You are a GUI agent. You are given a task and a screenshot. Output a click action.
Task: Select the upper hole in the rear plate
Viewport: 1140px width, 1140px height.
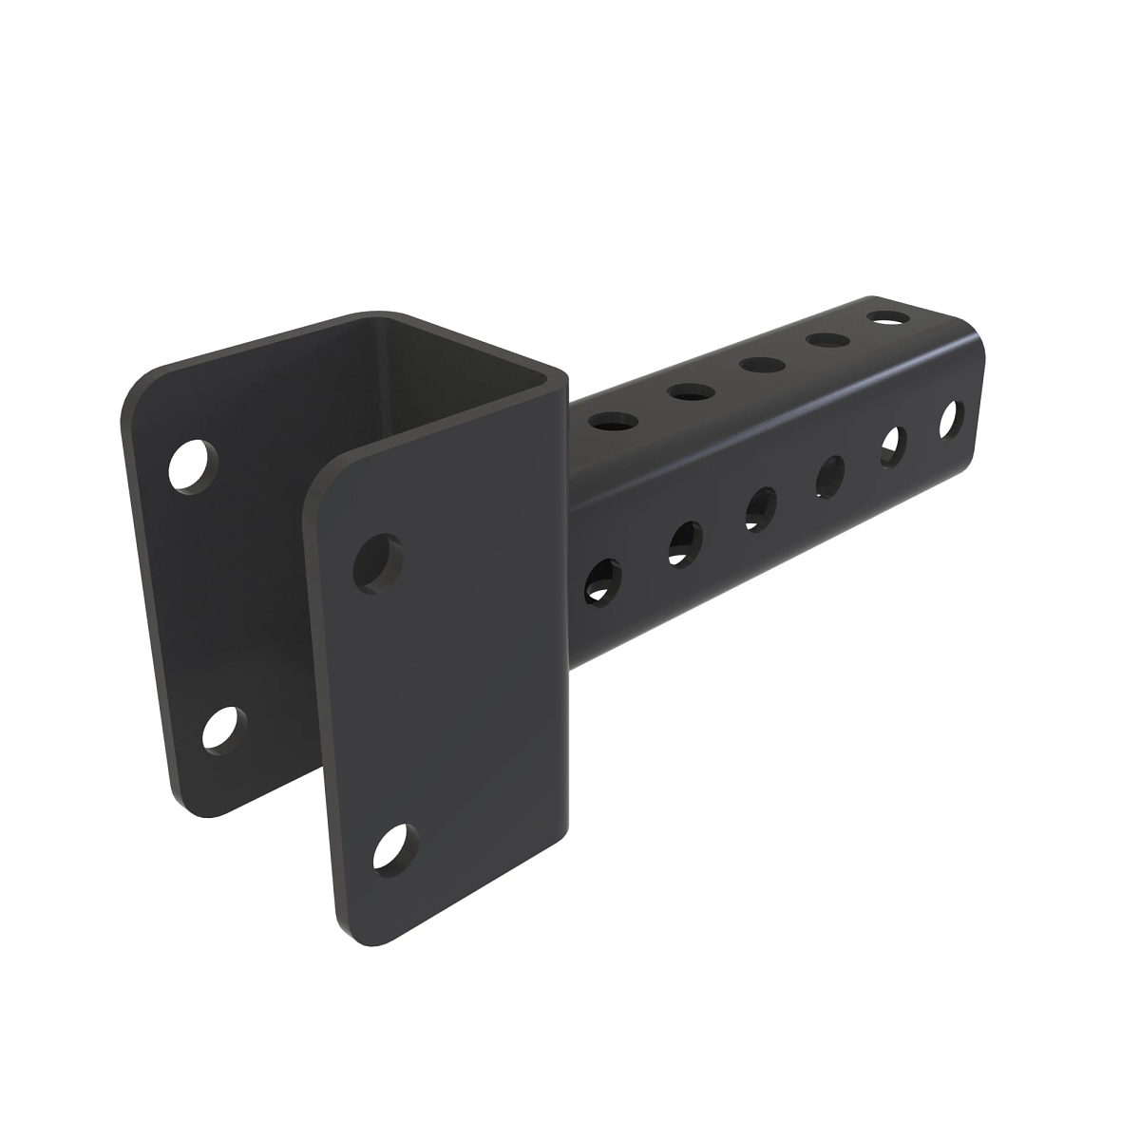[193, 465]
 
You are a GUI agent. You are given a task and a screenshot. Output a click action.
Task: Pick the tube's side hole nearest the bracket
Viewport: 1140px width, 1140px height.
[600, 579]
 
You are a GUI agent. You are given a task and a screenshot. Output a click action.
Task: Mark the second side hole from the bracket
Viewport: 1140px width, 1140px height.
[684, 541]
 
